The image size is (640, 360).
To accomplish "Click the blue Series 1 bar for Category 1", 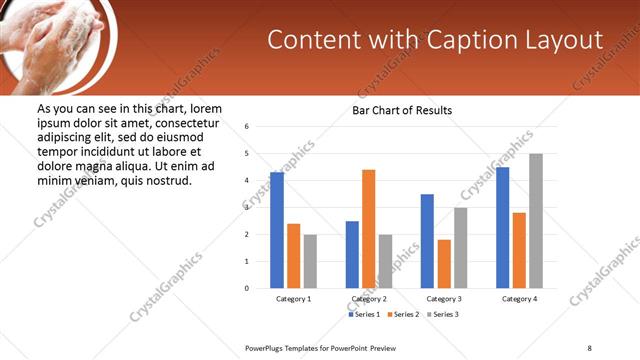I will tap(277, 230).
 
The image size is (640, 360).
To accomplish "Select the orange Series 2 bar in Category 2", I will tap(369, 229).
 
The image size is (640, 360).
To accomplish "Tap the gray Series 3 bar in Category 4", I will tap(536, 221).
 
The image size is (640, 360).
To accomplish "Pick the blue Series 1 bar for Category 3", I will tap(427, 241).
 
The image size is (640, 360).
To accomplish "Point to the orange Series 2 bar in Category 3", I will tap(444, 264).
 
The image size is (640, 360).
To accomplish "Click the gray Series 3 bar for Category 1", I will tap(310, 261).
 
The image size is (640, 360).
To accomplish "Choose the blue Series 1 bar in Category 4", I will tap(503, 227).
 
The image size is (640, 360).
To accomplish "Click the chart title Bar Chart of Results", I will tap(402, 110).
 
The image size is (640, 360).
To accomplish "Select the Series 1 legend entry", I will tap(362, 315).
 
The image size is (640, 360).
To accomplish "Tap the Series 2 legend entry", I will tap(402, 315).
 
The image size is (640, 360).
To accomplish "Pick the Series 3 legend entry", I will tap(442, 315).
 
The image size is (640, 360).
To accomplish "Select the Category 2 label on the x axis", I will tap(369, 299).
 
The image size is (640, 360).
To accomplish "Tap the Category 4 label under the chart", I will tap(519, 299).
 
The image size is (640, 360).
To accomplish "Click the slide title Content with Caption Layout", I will tap(436, 40).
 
